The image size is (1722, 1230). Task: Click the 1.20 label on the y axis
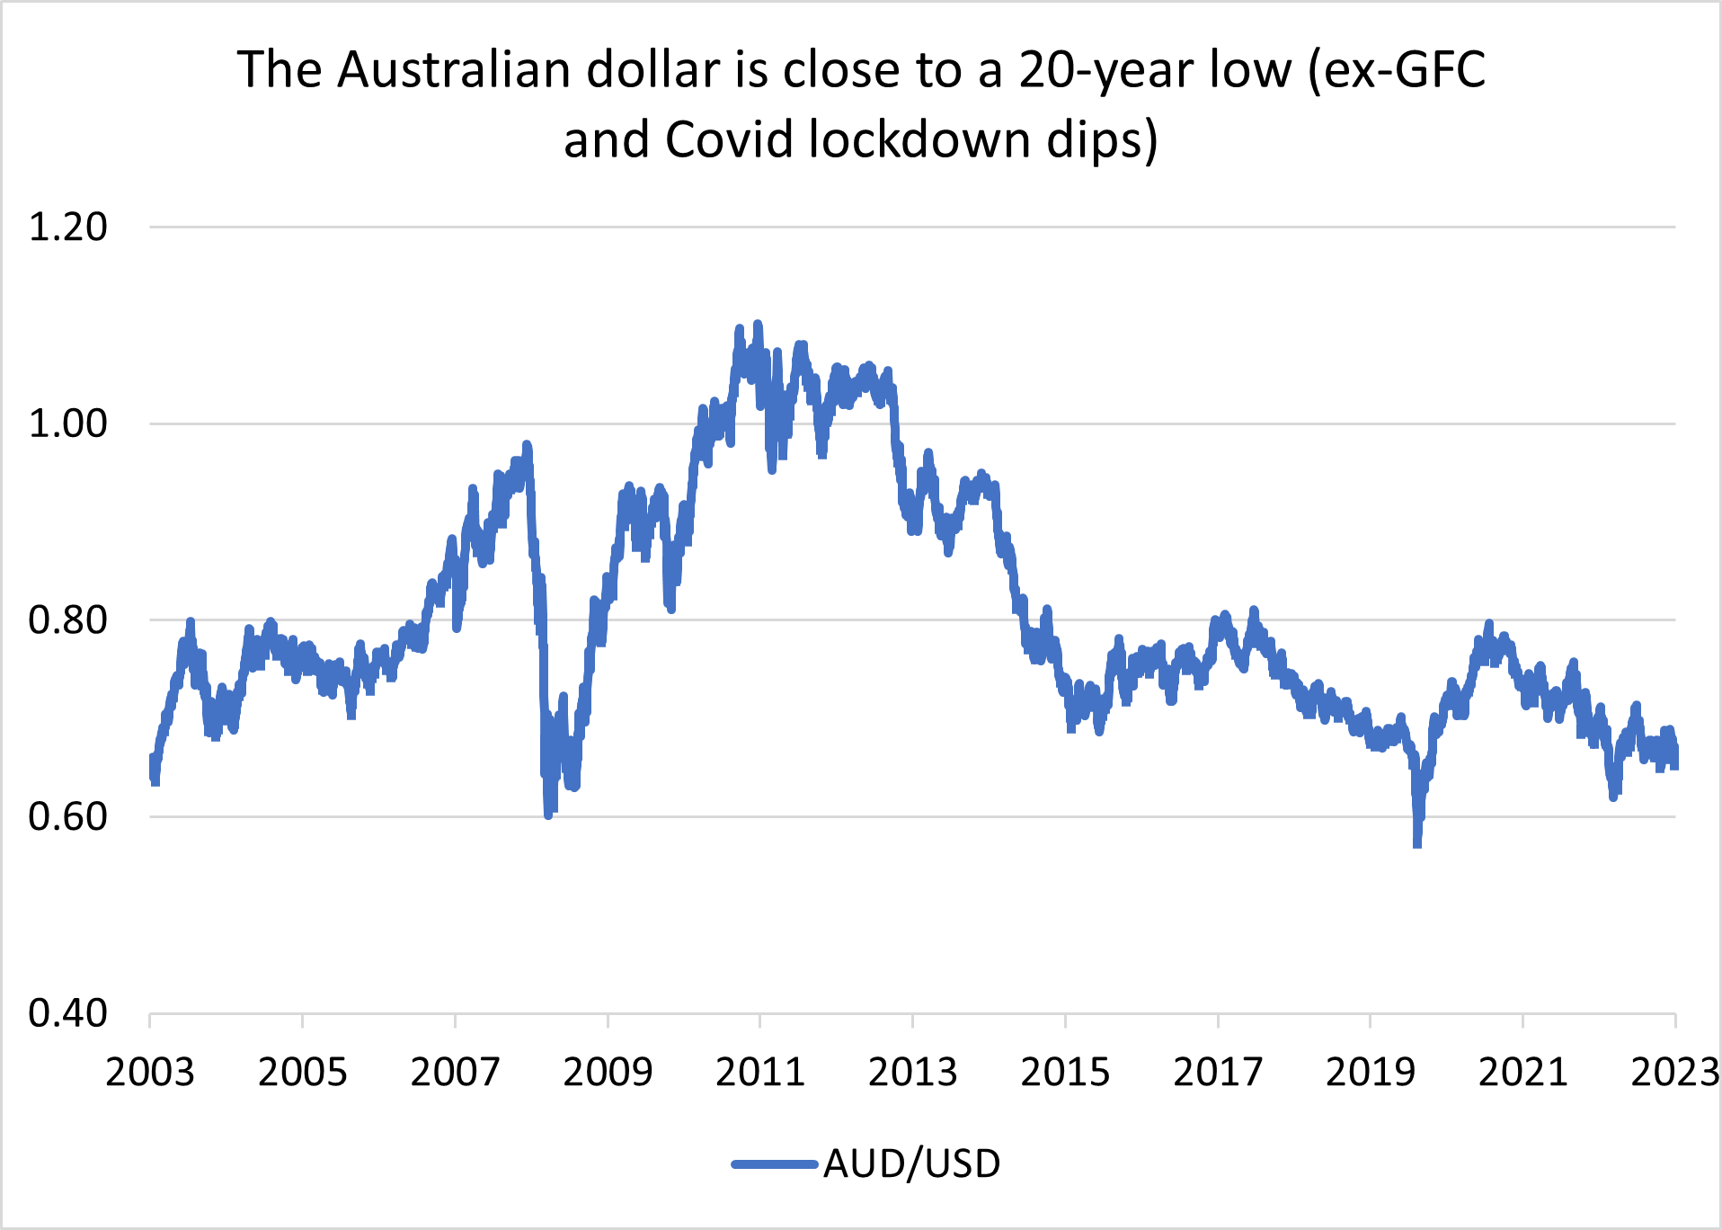tap(68, 227)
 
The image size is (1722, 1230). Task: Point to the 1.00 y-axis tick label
tap(68, 423)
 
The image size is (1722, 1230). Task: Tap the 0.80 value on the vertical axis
tap(68, 620)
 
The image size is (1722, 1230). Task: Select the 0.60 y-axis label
tap(68, 816)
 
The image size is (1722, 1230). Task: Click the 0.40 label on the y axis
tap(68, 1013)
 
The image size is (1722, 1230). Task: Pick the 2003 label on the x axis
tap(150, 1073)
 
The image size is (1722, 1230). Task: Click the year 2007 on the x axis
tap(455, 1073)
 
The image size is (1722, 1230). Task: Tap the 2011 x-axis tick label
tap(760, 1073)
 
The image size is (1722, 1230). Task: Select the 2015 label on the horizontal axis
tap(1065, 1073)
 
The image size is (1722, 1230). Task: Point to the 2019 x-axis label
tap(1371, 1073)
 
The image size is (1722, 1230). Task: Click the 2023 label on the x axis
tap(1673, 1073)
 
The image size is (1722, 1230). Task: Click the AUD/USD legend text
tap(911, 1164)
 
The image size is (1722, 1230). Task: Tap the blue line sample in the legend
tap(775, 1164)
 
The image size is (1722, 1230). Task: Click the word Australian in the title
tap(454, 70)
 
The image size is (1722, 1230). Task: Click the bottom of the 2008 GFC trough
tap(548, 815)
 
